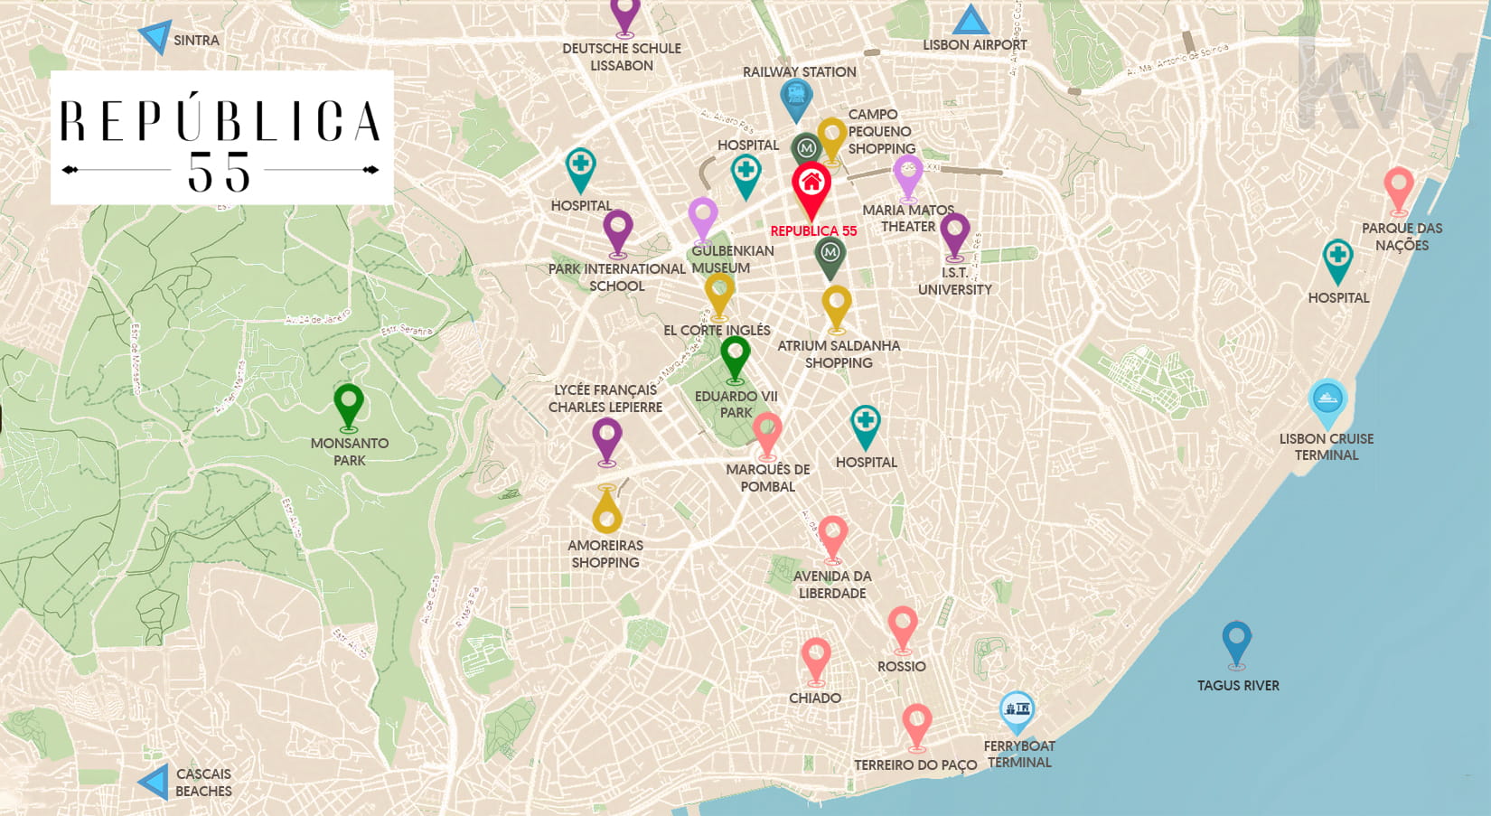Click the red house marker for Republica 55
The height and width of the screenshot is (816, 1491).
[811, 185]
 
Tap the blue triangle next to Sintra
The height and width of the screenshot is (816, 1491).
[156, 36]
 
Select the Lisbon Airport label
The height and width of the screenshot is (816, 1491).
[974, 44]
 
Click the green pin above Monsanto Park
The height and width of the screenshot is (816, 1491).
[349, 403]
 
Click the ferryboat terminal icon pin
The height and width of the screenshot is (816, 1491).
[1017, 710]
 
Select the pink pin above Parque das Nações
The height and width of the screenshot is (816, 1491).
[1399, 187]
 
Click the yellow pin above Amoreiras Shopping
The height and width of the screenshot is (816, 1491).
[606, 511]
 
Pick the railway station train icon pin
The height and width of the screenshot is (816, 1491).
[796, 97]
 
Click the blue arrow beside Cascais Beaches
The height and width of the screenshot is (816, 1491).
[155, 782]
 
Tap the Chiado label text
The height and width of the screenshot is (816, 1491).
[814, 698]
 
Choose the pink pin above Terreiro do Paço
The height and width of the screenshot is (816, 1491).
[916, 724]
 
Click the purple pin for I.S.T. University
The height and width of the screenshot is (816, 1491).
[954, 232]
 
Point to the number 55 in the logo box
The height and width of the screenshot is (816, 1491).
[219, 172]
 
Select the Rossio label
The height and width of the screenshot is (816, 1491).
[901, 666]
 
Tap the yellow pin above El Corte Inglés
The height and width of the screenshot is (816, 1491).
[719, 293]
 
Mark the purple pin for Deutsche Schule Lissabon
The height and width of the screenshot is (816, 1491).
[624, 14]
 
